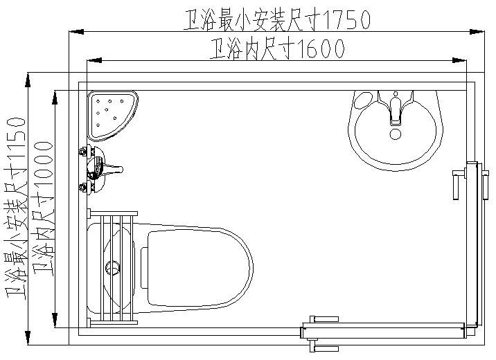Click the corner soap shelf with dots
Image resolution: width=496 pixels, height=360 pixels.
(111, 111)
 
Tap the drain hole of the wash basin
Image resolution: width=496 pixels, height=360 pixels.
(396, 134)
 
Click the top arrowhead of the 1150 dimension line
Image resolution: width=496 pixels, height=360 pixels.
(28, 79)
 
